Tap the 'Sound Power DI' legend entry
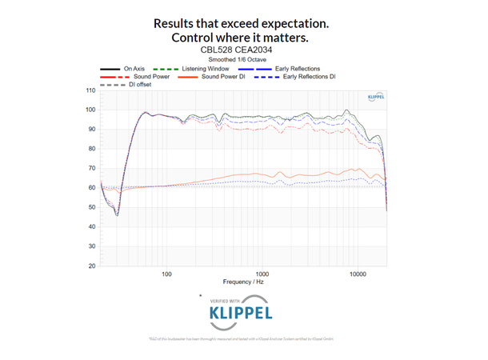222,76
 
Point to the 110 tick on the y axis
91,90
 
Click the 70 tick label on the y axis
91,168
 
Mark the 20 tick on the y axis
91,266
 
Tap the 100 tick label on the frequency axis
166,274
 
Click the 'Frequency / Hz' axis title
243,282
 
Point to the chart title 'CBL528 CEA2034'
243,50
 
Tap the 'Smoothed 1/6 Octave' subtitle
243,59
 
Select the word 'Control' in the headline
197,38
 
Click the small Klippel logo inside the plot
377,96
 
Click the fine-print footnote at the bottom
244,339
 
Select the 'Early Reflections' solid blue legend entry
297,69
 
